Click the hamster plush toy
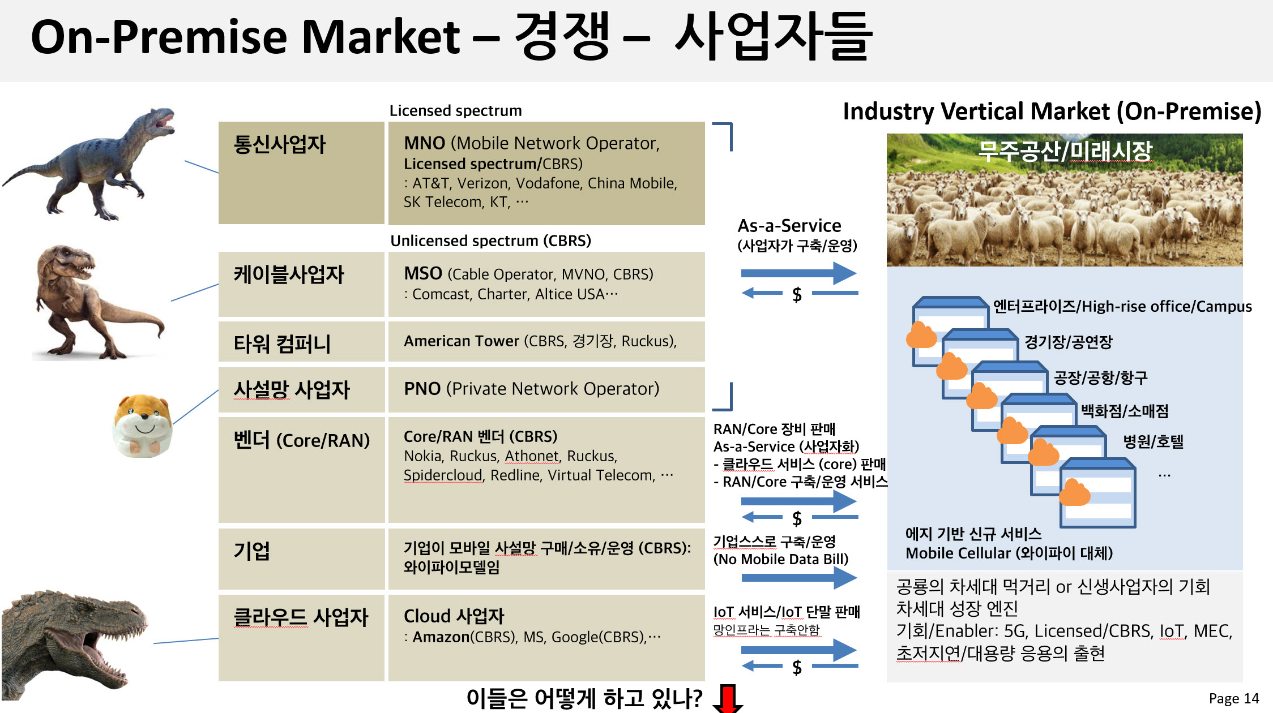pyautogui.click(x=143, y=426)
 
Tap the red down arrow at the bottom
pyautogui.click(x=728, y=698)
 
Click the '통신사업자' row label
pyautogui.click(x=280, y=144)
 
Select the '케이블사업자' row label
pyautogui.click(x=289, y=274)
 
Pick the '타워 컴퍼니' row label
pyautogui.click(x=282, y=343)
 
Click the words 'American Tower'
pyautogui.click(x=461, y=341)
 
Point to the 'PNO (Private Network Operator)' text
pyautogui.click(x=531, y=389)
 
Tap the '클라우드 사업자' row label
pyautogui.click(x=301, y=617)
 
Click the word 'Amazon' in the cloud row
pyautogui.click(x=441, y=637)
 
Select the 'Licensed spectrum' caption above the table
pyautogui.click(x=455, y=110)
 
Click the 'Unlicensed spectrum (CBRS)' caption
pyautogui.click(x=490, y=240)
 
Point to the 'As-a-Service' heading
pyautogui.click(x=789, y=226)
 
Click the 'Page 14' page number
pyautogui.click(x=1233, y=698)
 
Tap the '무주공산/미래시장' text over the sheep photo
pyautogui.click(x=1065, y=151)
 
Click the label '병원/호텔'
pyautogui.click(x=1154, y=441)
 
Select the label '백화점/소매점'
pyautogui.click(x=1125, y=411)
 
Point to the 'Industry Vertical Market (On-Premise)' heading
pyautogui.click(x=1052, y=111)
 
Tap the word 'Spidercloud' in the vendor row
pyautogui.click(x=443, y=475)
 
